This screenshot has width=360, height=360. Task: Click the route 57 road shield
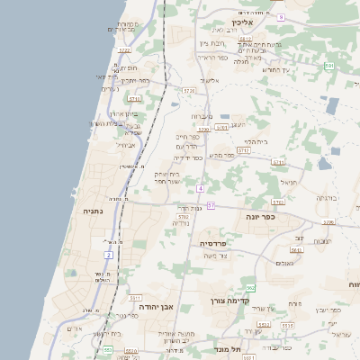tap(211, 206)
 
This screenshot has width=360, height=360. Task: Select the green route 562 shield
tap(251, 288)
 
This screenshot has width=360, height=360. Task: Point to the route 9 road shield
tap(281, 17)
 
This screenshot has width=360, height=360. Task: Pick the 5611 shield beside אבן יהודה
tap(136, 296)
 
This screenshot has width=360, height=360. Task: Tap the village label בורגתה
tap(326, 196)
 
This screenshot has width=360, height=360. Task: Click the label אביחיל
tap(126, 145)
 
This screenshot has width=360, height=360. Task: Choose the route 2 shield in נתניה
tap(108, 256)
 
